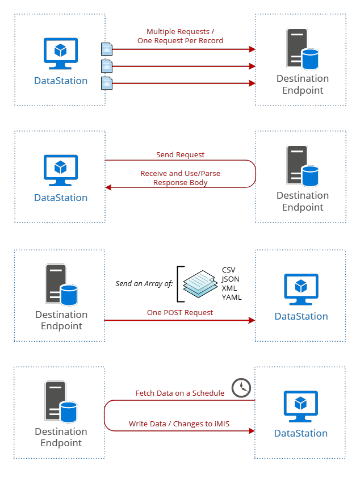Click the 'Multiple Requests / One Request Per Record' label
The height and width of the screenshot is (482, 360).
tap(180, 36)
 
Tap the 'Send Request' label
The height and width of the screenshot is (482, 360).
tap(180, 154)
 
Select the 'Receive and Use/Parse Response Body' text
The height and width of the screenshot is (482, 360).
tap(180, 178)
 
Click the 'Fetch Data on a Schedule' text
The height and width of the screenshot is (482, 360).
tap(179, 393)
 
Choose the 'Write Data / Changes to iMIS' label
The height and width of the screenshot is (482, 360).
tap(179, 424)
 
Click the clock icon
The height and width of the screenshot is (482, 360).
tap(241, 388)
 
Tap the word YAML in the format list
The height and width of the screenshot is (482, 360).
tap(232, 297)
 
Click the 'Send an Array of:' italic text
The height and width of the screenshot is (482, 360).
tap(144, 283)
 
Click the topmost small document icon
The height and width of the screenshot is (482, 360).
tap(107, 49)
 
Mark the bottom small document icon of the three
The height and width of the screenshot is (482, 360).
tap(107, 83)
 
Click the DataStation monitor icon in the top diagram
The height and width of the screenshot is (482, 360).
tap(61, 53)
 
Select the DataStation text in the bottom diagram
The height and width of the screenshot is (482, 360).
tap(301, 433)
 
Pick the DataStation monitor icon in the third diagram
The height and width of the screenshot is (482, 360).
tap(301, 290)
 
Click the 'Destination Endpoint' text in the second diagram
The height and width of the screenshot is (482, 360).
tap(303, 201)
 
